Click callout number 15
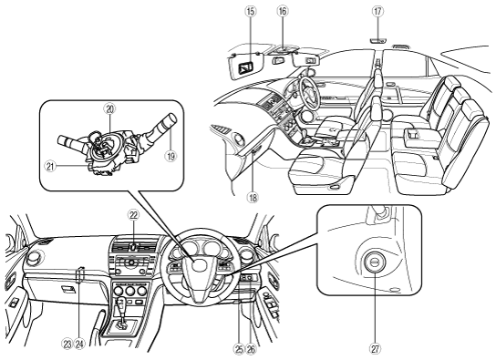coord(251,12)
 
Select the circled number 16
coord(282,12)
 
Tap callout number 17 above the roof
coord(377,12)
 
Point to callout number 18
coord(253,198)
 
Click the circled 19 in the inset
coord(170,156)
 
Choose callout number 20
coord(109,108)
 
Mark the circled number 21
coord(50,166)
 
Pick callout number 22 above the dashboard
coord(133,215)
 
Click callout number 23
coord(68,345)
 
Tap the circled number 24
coord(79,345)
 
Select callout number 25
coord(239,349)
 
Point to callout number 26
coord(251,349)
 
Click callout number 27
coord(375,349)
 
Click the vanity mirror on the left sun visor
coord(246,67)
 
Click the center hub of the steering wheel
coord(199,263)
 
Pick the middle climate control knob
coord(130,291)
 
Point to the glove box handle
coord(68,289)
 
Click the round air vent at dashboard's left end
coord(33,256)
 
